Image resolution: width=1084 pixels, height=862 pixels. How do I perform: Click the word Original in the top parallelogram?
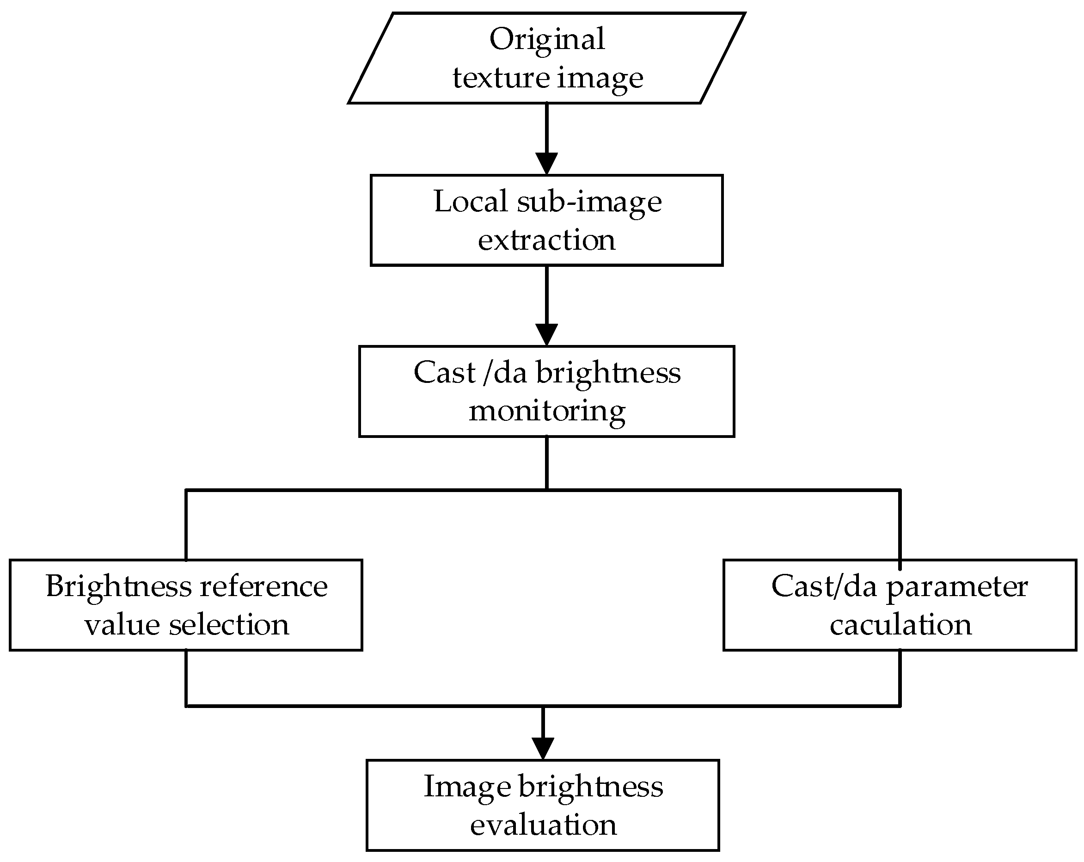(x=546, y=40)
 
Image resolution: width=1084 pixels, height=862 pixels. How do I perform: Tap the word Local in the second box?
(x=471, y=202)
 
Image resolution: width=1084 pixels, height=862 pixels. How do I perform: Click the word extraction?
(x=546, y=240)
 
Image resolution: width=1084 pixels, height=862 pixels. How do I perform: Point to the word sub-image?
(x=589, y=203)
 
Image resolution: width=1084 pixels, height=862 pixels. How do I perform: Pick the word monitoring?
(x=546, y=412)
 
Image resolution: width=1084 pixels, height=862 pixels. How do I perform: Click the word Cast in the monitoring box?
(x=444, y=373)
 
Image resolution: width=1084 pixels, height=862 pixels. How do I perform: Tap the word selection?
(x=229, y=625)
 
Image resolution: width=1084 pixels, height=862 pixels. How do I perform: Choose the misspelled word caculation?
(x=900, y=625)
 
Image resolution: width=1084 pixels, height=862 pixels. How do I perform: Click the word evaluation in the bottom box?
(x=543, y=825)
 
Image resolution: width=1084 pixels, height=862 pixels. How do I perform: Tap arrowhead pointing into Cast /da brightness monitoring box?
(x=546, y=334)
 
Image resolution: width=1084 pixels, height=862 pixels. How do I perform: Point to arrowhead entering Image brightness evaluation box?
(x=543, y=748)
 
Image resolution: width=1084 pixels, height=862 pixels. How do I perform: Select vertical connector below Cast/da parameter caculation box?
(x=900, y=678)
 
